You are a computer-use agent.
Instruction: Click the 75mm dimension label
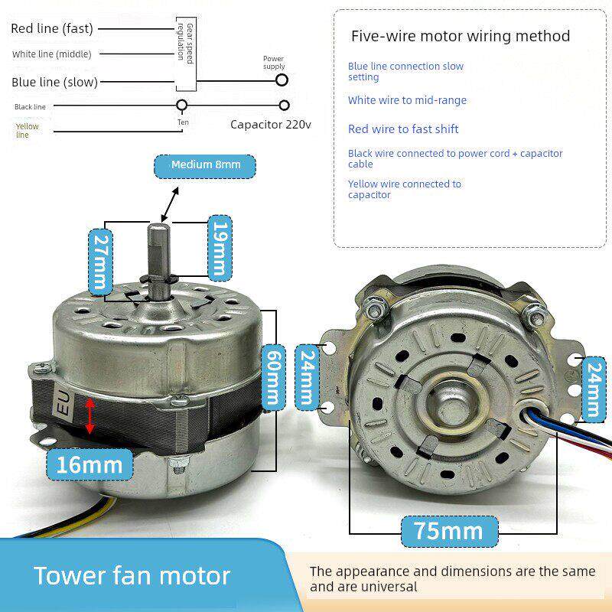(449, 531)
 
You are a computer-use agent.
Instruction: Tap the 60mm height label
(273, 377)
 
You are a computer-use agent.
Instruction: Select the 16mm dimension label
(90, 464)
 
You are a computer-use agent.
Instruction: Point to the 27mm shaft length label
(101, 262)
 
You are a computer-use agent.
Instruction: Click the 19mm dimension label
(220, 247)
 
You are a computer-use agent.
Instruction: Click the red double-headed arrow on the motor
(90, 415)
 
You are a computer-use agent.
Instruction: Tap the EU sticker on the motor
(63, 403)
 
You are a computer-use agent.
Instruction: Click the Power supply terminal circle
(282, 80)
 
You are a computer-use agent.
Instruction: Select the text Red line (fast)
(52, 28)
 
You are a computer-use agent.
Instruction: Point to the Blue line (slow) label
(54, 82)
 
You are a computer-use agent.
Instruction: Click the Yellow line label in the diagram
(27, 130)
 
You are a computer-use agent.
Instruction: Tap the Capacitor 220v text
(271, 125)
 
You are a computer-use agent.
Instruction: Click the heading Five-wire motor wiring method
(461, 36)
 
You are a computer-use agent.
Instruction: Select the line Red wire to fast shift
(403, 129)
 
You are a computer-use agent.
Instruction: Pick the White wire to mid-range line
(407, 100)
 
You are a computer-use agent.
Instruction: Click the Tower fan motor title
(132, 576)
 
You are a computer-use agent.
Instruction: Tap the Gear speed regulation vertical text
(185, 43)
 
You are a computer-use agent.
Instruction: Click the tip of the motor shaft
(159, 224)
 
